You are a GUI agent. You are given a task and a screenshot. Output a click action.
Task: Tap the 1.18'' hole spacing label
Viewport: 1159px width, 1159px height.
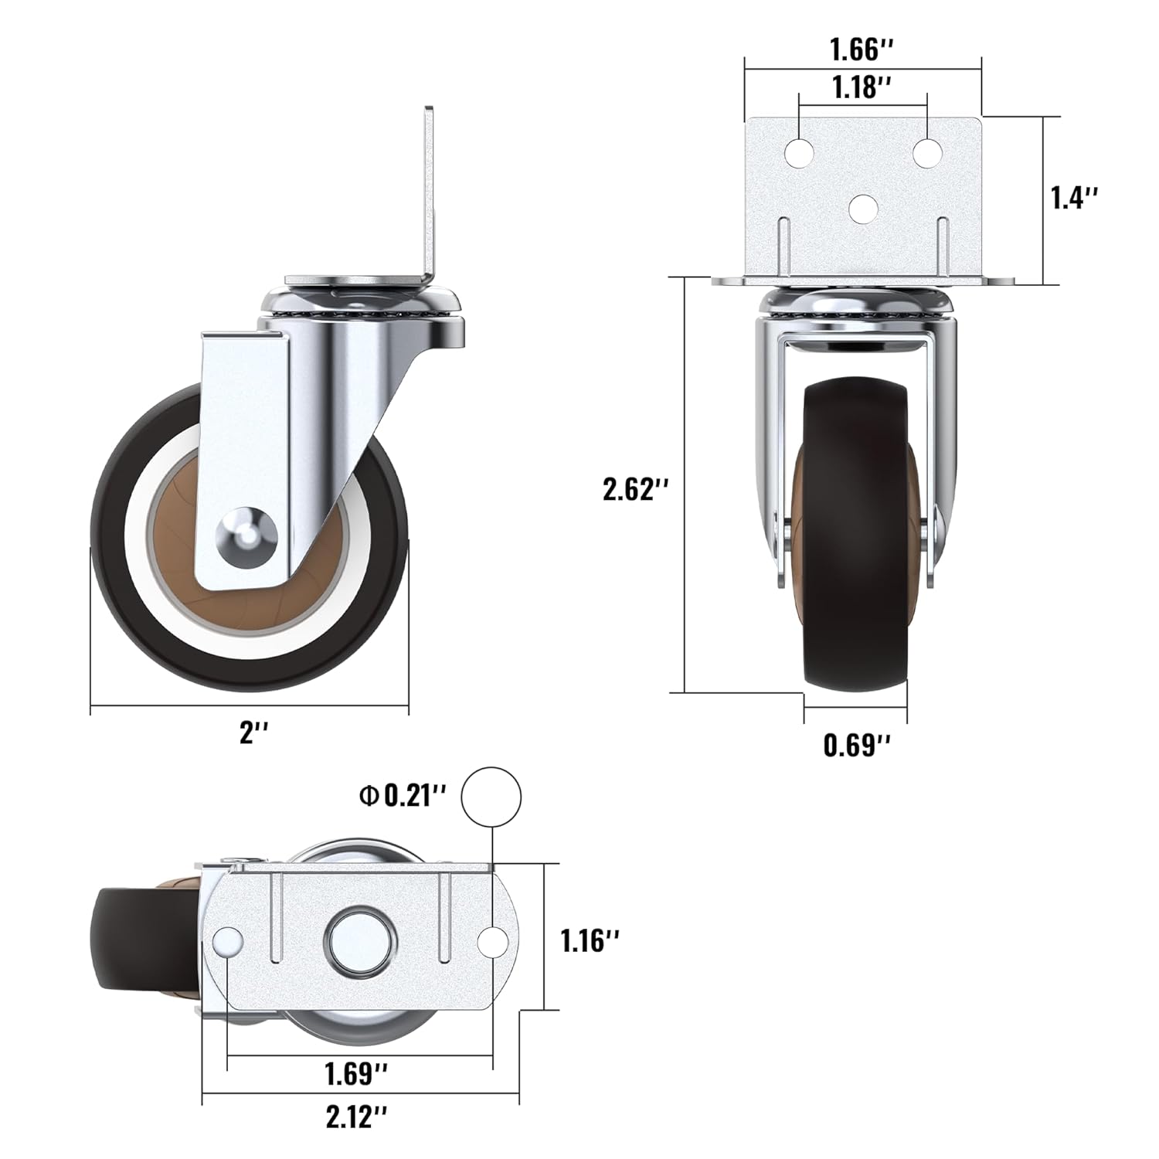click(x=862, y=87)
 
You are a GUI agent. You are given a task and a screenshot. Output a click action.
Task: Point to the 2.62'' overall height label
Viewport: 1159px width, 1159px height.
click(x=635, y=490)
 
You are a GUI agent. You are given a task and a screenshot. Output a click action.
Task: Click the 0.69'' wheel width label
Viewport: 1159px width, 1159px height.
click(x=856, y=746)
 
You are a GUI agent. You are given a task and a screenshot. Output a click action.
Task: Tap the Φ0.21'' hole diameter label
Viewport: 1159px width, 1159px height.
click(x=403, y=796)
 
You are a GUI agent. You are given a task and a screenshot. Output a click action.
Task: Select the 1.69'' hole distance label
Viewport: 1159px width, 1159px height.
click(x=355, y=1073)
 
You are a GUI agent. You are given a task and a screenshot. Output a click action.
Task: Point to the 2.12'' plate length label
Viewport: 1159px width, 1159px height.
click(x=355, y=1117)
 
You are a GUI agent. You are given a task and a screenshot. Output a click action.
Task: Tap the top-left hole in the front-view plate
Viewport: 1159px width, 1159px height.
click(x=799, y=152)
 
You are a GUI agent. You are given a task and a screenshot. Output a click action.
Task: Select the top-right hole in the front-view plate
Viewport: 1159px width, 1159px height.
click(x=927, y=151)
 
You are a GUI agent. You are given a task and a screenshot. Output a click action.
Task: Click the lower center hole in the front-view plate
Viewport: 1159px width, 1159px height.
click(x=863, y=206)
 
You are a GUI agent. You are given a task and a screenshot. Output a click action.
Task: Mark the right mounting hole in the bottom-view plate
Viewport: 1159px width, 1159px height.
click(x=491, y=940)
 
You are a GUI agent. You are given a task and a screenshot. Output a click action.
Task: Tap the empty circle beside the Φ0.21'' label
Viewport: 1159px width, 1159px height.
click(x=491, y=797)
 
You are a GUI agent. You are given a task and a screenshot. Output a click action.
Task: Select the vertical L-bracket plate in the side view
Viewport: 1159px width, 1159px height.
click(x=430, y=193)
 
